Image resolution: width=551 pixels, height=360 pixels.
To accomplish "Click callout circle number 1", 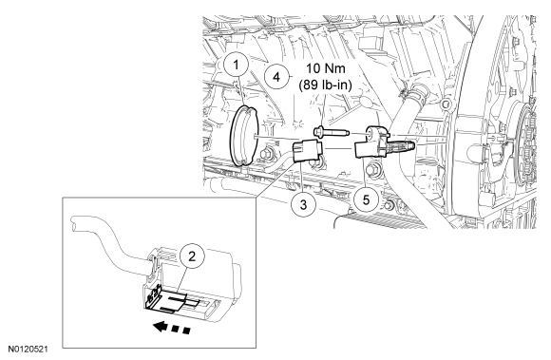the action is coord(237,65).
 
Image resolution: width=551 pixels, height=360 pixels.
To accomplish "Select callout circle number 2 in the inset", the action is coord(192,256).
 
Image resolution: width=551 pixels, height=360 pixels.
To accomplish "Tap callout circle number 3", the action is coord(303,204).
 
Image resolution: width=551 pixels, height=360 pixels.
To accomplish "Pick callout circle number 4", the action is coord(276,77).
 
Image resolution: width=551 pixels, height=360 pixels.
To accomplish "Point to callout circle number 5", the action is coord(366,200).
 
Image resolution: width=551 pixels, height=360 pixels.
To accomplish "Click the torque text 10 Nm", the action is coord(326,68).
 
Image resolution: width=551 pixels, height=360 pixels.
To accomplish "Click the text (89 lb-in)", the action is coord(326,85).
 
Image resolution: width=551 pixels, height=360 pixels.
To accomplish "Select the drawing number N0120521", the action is coord(28,350).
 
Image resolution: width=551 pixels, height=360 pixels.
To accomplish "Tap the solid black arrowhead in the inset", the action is coord(160,327).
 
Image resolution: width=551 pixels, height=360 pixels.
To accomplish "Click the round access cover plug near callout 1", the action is coord(244,135).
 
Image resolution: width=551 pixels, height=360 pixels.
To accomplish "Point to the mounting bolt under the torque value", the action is coord(331,133).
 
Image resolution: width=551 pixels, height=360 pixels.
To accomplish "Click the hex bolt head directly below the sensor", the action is coord(372,170).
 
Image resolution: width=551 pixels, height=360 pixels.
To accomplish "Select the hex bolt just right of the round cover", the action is coord(266,154).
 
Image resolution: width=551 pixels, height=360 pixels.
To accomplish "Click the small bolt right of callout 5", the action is coord(389,205).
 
